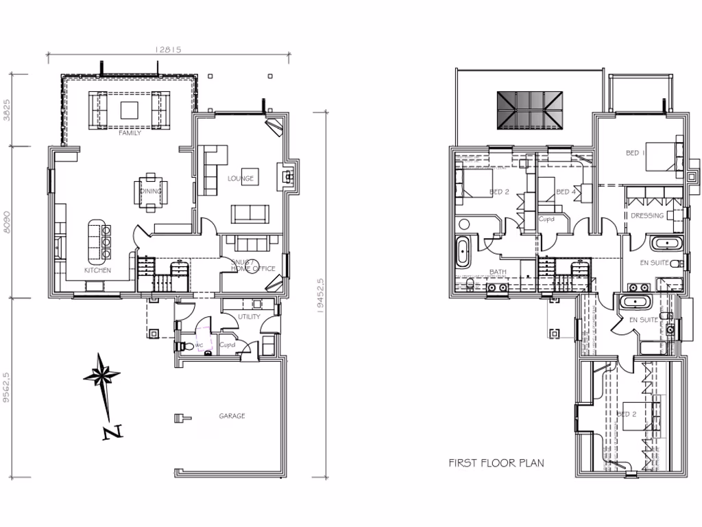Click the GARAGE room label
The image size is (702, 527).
tap(232, 416)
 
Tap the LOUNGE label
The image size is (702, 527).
tap(241, 178)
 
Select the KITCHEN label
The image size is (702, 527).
tap(97, 271)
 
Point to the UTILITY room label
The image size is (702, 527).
tap(249, 317)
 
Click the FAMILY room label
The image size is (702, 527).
tap(130, 133)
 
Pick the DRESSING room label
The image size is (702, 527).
tap(647, 215)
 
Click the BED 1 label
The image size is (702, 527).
tap(636, 153)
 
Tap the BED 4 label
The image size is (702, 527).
tap(566, 191)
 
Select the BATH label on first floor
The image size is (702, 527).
tap(498, 272)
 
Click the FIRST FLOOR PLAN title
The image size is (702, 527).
tap(496, 463)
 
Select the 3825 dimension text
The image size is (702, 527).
tap(8, 110)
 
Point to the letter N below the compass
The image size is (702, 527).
tap(112, 432)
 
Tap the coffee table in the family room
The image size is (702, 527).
tap(130, 110)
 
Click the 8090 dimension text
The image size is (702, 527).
tap(8, 222)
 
